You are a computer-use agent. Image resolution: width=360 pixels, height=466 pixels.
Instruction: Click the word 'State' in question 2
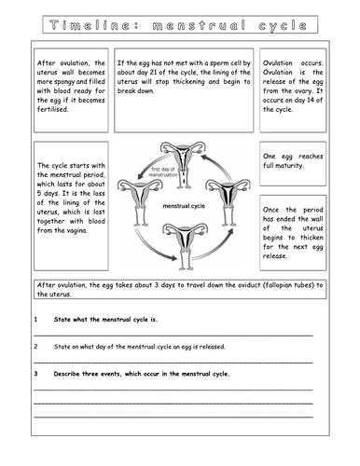click(67, 346)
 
